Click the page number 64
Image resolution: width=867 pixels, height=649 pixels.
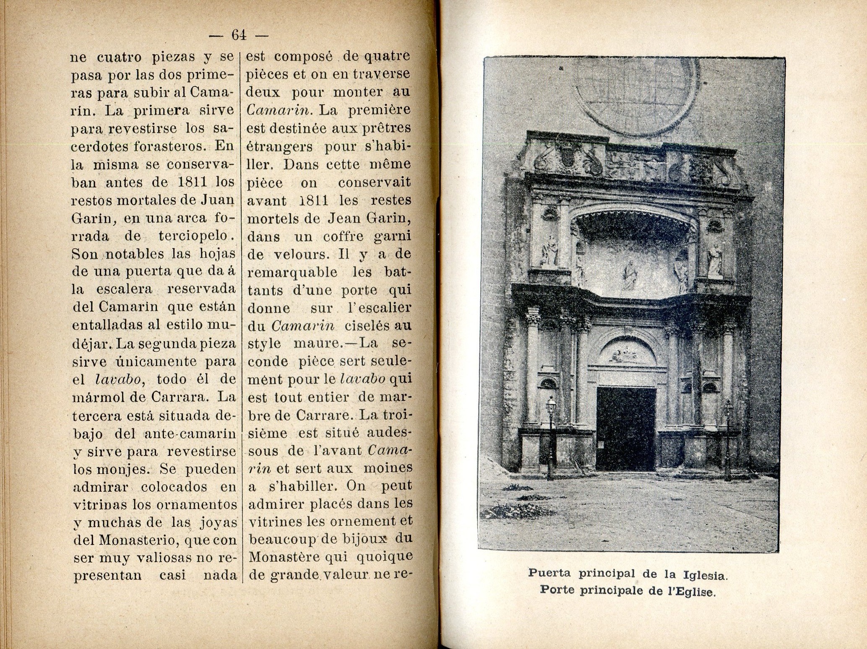tap(239, 36)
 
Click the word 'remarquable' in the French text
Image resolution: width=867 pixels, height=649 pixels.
tap(293, 272)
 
